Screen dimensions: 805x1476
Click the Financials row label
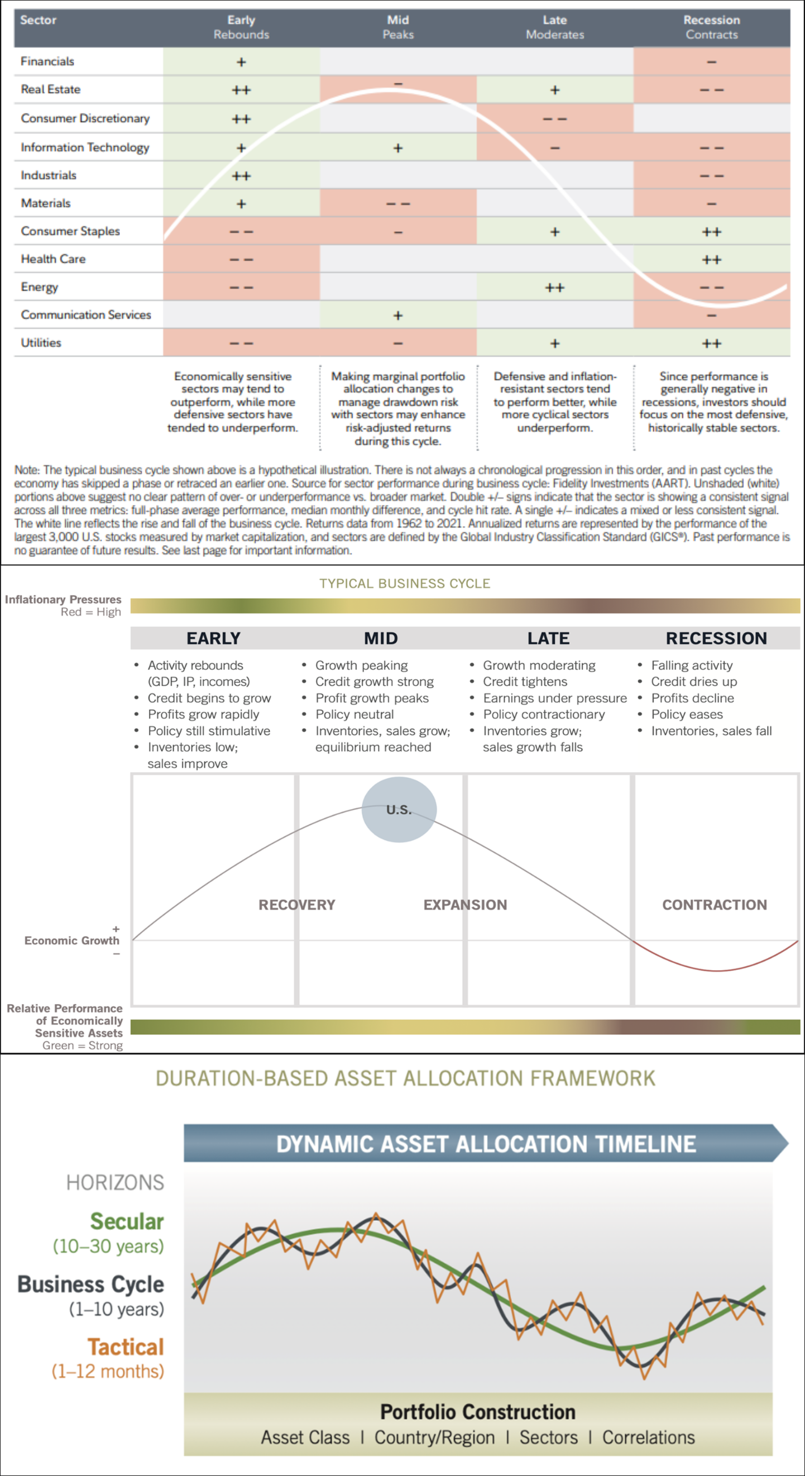tap(47, 61)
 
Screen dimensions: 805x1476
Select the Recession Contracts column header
tap(712, 27)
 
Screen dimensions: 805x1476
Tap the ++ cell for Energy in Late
tap(554, 288)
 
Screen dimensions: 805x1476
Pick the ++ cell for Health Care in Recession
tap(712, 260)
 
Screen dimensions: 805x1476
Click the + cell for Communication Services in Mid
tap(398, 316)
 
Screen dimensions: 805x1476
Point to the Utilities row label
tap(41, 343)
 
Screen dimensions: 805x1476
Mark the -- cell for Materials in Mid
tap(398, 204)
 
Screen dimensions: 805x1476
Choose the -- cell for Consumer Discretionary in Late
tap(554, 119)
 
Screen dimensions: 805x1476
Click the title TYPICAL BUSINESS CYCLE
tap(405, 583)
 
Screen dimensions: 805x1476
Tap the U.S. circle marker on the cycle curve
tap(399, 809)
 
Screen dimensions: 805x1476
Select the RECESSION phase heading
tap(716, 638)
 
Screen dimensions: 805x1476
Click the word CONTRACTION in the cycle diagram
tap(715, 905)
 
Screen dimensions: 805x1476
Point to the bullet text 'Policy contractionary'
tap(544, 714)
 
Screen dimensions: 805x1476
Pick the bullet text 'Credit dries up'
tap(694, 682)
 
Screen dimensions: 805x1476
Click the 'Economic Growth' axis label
tap(71, 940)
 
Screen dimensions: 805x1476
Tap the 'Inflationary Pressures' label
tap(63, 599)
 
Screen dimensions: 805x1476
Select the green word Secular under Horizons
tap(127, 1221)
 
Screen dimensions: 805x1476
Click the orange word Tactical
tap(126, 1347)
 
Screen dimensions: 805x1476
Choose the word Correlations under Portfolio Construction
tap(649, 1437)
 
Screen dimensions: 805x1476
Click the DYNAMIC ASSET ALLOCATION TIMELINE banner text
tap(486, 1144)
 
